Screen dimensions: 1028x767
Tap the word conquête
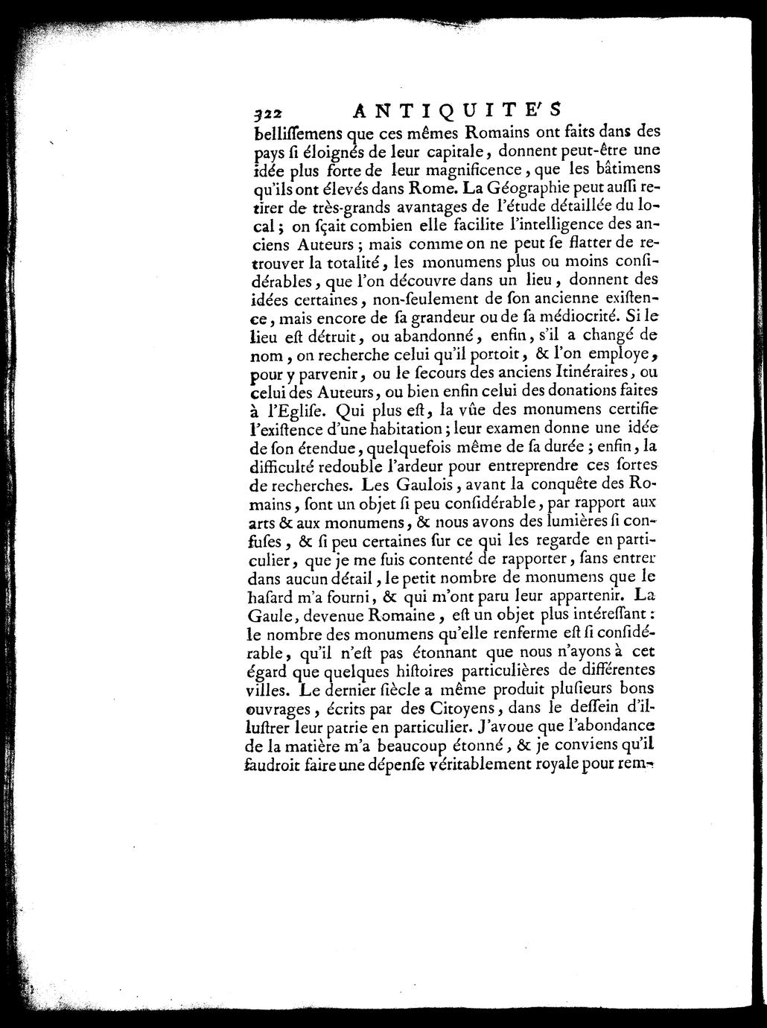[556, 483]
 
